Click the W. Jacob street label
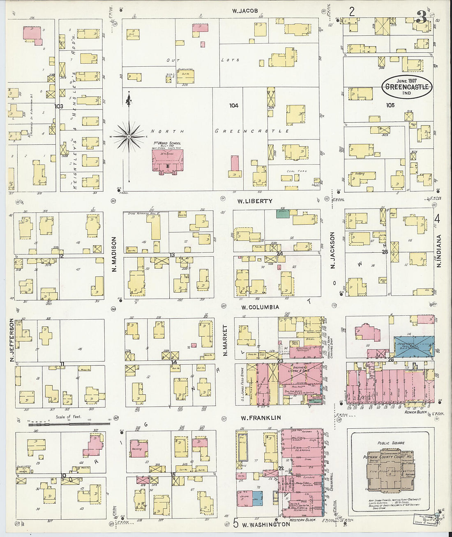(245, 11)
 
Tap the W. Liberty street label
(255, 201)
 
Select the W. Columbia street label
(260, 307)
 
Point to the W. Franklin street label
(261, 418)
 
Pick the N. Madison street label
(115, 254)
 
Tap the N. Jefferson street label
(12, 341)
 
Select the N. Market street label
(225, 340)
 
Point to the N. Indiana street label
(439, 251)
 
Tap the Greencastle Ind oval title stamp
(407, 86)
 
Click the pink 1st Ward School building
(167, 161)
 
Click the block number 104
(234, 106)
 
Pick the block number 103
(59, 106)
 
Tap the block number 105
(390, 105)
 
